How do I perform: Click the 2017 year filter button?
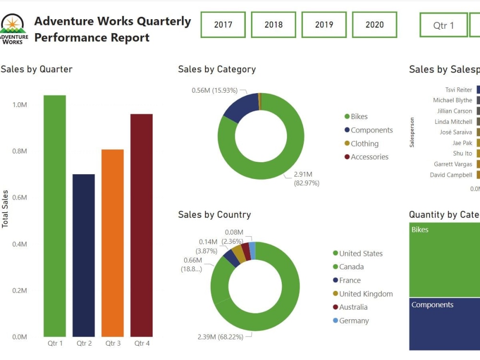(223, 24)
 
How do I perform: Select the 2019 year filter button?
(324, 24)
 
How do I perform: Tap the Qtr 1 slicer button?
(443, 25)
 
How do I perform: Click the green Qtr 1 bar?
(55, 216)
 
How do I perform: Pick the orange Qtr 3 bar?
(112, 243)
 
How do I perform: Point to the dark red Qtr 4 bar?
(141, 225)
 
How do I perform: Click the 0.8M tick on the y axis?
(19, 151)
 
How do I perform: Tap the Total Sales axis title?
(5, 209)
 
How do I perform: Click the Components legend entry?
(372, 130)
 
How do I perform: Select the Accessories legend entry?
(369, 157)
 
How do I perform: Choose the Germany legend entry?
(354, 321)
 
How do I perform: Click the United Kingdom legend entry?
(366, 294)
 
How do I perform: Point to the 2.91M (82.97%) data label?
(306, 179)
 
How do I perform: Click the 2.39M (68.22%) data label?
(220, 336)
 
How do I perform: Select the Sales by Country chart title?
(214, 215)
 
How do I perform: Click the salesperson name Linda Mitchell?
(453, 121)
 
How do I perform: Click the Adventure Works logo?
(13, 29)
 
